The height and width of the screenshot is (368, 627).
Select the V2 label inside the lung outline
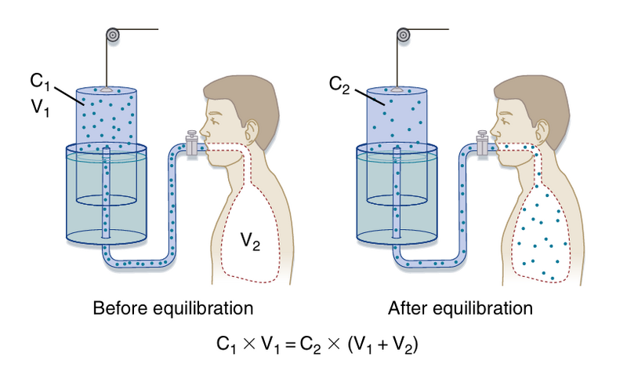[x=250, y=242]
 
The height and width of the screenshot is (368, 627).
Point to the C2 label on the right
[x=339, y=82]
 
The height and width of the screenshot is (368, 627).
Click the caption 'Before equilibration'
[x=173, y=307]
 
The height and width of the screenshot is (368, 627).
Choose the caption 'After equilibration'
[x=461, y=307]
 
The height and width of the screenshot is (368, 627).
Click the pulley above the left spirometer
[x=114, y=35]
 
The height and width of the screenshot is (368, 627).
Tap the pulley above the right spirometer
[x=404, y=35]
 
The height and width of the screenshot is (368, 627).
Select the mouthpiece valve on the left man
[x=190, y=144]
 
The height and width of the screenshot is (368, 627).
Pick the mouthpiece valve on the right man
[x=482, y=144]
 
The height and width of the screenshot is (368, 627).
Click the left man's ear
[x=252, y=125]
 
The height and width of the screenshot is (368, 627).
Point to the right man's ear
[x=543, y=125]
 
